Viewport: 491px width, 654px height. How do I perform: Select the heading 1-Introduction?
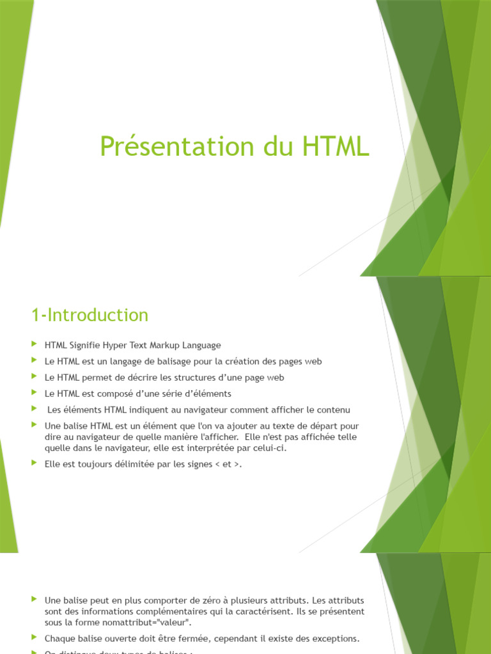[90, 315]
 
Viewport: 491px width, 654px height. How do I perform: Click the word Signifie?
[88, 345]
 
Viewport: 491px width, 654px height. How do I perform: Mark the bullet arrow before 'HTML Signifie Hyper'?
[34, 345]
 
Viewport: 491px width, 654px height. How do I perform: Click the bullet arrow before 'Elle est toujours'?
[34, 464]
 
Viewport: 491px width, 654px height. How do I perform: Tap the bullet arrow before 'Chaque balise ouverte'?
[34, 638]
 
